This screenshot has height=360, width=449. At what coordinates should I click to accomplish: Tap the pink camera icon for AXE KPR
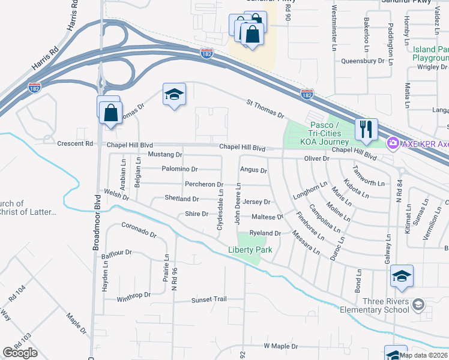(393, 143)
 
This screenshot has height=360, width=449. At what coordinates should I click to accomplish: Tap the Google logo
(20, 353)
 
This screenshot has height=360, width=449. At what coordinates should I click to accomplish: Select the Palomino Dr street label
(179, 169)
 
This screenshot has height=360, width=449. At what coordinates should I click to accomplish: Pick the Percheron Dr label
(204, 184)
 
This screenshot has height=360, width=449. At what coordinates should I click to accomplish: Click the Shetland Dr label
(182, 199)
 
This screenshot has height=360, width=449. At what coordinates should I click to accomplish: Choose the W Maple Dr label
(282, 346)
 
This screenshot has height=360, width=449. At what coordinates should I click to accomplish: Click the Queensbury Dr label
(363, 61)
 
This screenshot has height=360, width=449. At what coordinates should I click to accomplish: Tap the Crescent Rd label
(75, 144)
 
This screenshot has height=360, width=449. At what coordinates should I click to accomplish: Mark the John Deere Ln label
(238, 206)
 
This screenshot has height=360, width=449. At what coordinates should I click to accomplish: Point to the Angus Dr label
(253, 170)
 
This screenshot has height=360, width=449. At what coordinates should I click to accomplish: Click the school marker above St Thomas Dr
(174, 95)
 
